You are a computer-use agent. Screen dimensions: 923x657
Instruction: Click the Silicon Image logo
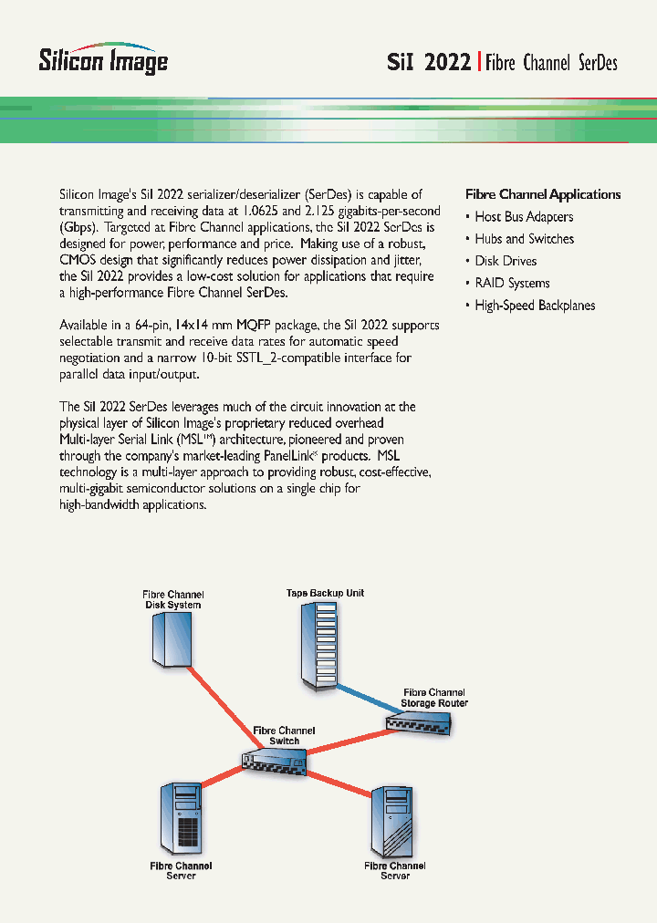[x=102, y=57]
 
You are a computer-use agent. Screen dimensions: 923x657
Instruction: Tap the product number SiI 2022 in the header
[x=428, y=62]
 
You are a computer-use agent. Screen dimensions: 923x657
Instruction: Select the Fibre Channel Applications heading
[x=543, y=194]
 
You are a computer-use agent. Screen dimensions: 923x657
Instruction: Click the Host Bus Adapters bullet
[x=524, y=217]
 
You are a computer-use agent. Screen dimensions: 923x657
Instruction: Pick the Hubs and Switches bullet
[x=524, y=239]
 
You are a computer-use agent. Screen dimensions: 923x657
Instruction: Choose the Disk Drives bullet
[x=506, y=261]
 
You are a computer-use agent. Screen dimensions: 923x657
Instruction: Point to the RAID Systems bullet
[x=512, y=283]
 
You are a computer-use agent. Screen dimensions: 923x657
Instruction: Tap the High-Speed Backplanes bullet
[x=535, y=306]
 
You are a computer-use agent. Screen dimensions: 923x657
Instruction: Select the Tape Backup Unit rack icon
[x=324, y=648]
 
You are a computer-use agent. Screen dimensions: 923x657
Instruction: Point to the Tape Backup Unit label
[x=325, y=593]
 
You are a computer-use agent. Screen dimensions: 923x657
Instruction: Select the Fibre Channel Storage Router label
[x=434, y=698]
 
